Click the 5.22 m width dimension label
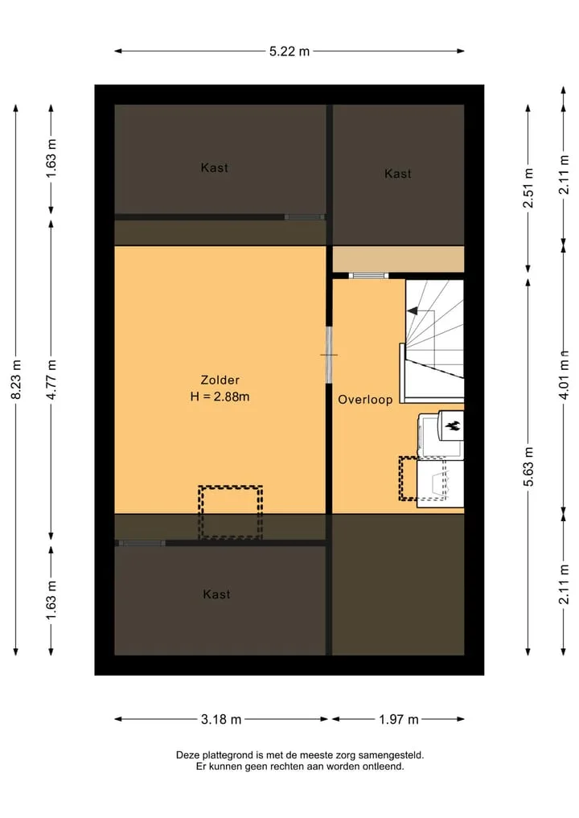click(289, 51)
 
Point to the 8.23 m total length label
click(16, 380)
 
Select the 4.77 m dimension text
click(51, 380)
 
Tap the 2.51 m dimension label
click(528, 187)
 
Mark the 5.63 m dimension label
click(528, 467)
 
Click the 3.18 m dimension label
click(221, 719)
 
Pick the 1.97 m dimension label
click(399, 719)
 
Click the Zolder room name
click(220, 380)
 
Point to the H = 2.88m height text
click(220, 397)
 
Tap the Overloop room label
click(365, 400)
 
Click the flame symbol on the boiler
click(452, 425)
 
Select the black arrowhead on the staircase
click(412, 311)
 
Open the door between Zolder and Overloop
click(329, 355)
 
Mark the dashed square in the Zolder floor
click(230, 512)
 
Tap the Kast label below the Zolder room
click(216, 594)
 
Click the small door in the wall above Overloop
click(368, 275)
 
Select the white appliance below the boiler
click(440, 483)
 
